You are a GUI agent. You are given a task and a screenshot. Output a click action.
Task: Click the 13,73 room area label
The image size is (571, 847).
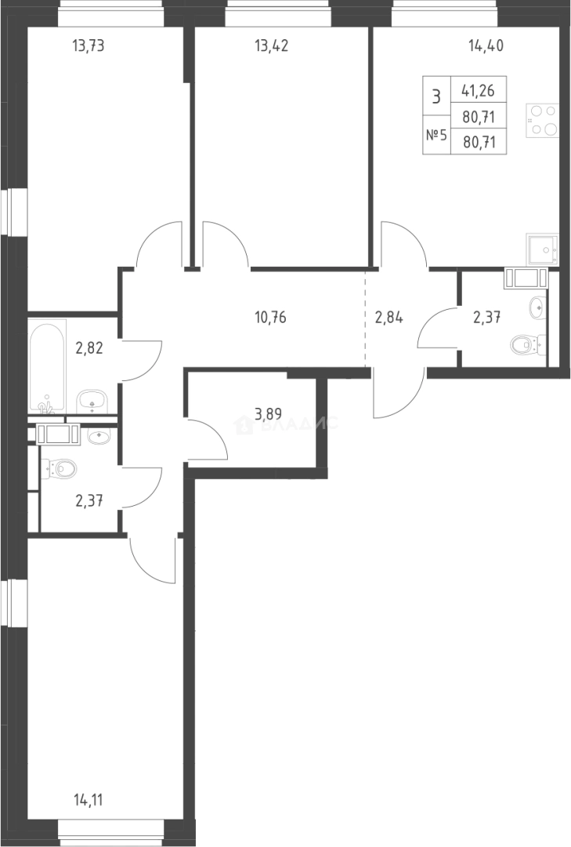click(88, 46)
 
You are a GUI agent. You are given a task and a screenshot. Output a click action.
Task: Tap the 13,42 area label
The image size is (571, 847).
click(272, 46)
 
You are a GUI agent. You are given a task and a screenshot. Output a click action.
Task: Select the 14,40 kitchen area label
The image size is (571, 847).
click(486, 46)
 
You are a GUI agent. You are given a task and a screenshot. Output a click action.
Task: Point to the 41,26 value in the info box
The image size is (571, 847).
click(478, 90)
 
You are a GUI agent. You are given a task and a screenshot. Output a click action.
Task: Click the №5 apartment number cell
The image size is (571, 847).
click(436, 135)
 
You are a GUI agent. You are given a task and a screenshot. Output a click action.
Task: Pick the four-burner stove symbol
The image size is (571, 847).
click(542, 120)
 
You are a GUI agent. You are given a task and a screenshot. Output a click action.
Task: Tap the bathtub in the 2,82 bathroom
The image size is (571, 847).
click(48, 366)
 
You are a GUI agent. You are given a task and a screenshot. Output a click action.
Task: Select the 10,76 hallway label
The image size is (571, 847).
click(270, 318)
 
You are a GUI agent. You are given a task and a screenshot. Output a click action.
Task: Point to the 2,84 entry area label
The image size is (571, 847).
click(389, 318)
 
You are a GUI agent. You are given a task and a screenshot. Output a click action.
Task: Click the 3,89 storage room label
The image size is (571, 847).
click(268, 415)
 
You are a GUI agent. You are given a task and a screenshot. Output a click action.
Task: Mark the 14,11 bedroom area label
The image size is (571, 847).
click(88, 800)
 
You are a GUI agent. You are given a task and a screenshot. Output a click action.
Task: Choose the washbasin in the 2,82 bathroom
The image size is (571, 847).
click(93, 401)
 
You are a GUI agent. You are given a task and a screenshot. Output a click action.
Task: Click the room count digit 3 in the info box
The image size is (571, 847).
click(436, 97)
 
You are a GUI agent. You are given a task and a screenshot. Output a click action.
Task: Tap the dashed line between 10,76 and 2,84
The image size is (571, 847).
click(365, 318)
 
